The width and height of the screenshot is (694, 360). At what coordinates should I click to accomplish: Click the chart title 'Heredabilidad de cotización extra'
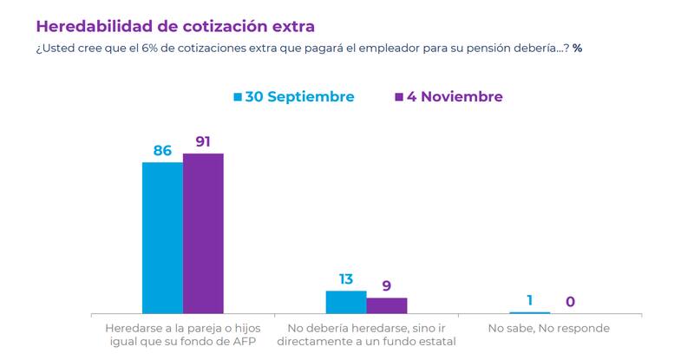(175, 27)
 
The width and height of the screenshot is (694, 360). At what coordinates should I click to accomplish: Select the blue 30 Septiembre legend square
(238, 96)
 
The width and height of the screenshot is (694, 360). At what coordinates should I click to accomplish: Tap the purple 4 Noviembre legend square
(399, 96)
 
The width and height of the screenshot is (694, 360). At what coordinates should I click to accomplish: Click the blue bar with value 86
(162, 238)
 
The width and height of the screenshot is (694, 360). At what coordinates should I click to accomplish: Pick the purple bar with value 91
(203, 233)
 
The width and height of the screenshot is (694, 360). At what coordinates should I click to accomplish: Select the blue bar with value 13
(346, 302)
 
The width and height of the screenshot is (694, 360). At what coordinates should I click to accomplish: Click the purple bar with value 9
(387, 305)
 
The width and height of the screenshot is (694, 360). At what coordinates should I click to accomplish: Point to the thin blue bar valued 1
(530, 312)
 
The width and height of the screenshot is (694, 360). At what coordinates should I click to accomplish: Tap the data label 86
(162, 151)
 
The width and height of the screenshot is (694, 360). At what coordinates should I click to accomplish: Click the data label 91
(203, 141)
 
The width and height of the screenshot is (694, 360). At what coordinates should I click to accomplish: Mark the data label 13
(346, 279)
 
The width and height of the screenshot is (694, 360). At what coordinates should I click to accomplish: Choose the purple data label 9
(387, 285)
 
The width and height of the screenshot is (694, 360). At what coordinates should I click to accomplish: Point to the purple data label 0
(571, 302)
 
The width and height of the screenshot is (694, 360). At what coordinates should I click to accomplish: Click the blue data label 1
(530, 300)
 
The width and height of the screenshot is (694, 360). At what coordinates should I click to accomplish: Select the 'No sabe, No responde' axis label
(549, 328)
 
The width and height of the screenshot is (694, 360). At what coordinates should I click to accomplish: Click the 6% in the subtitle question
(149, 49)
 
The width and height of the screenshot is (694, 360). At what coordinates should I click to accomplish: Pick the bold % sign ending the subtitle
(577, 49)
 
